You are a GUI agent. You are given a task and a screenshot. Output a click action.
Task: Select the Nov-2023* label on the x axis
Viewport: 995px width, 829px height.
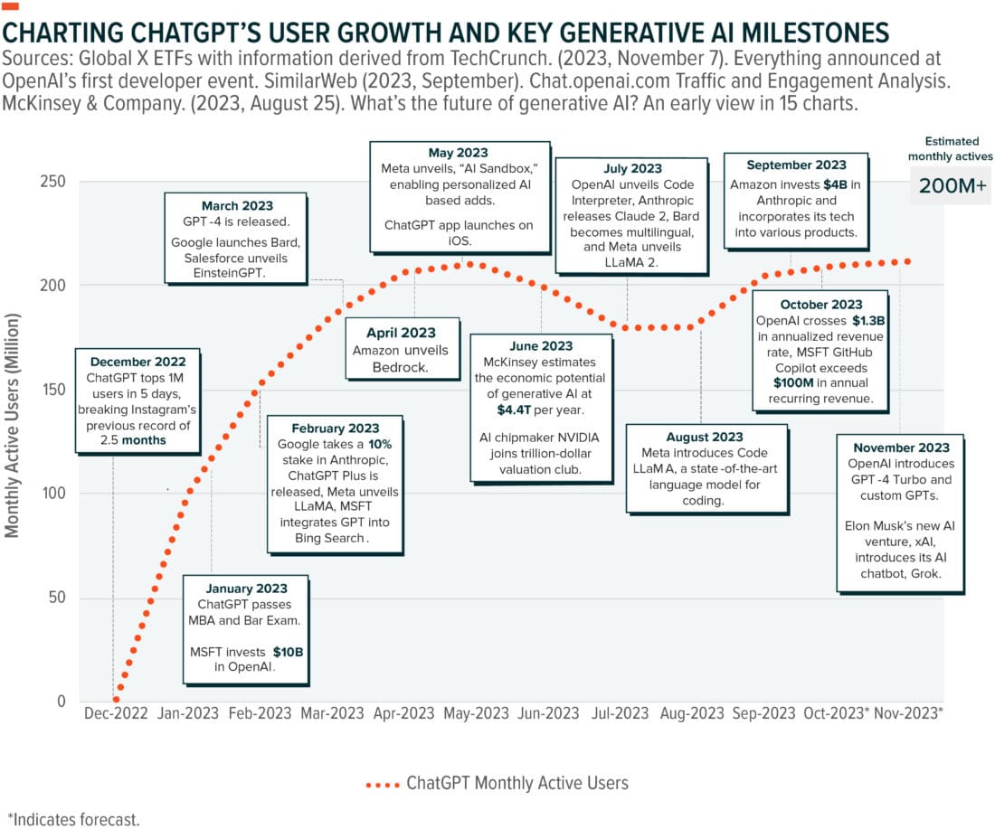click(910, 712)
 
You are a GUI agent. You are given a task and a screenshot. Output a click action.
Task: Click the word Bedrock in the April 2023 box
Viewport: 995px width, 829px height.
click(401, 368)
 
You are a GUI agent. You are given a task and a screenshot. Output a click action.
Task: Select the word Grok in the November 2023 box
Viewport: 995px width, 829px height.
click(924, 573)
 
